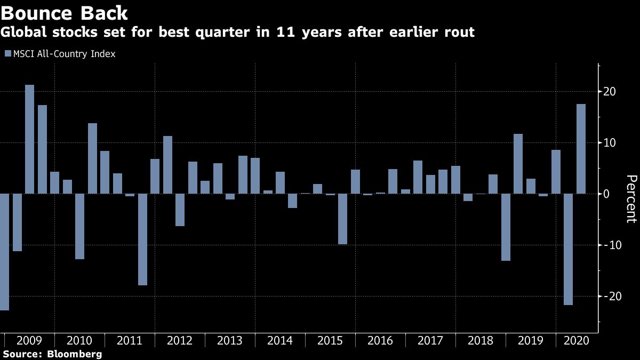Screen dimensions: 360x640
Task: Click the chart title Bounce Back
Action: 65,12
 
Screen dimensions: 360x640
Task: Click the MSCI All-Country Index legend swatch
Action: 7,54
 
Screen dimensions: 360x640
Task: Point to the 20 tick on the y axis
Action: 610,92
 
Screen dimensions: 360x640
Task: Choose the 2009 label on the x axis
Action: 29,341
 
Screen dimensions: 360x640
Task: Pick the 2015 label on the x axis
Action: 330,341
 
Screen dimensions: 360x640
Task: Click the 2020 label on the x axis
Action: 575,341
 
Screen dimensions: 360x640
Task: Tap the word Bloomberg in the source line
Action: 75,354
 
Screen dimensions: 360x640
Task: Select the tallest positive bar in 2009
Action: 30,139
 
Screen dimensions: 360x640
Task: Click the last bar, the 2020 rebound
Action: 581,149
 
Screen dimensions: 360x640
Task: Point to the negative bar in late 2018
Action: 506,227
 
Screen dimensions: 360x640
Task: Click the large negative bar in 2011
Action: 142,239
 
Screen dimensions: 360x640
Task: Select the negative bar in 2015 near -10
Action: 342,219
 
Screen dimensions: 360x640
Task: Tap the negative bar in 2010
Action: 79,226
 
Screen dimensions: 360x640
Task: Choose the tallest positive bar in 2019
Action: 518,164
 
